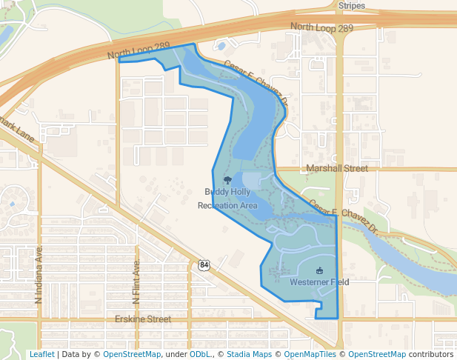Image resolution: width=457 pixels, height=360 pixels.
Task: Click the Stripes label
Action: [353, 5]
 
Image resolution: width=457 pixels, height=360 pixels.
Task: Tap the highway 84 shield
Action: [204, 264]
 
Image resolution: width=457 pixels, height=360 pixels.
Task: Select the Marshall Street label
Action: [336, 168]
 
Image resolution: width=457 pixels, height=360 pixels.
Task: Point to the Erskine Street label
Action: [143, 319]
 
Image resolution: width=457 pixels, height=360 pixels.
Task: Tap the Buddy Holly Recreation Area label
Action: [227, 199]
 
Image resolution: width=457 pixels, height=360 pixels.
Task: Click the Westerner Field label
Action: [319, 282]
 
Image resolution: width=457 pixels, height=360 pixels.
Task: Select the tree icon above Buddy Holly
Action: [227, 180]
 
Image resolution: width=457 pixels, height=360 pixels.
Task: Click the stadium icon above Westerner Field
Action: [319, 271]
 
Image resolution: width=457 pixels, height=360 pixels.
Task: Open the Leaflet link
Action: [41, 355]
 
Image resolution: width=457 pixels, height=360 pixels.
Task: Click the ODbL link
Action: [199, 355]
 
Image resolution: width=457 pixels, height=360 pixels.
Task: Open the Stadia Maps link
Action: [249, 355]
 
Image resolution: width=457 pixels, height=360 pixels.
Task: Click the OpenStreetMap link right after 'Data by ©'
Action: [132, 355]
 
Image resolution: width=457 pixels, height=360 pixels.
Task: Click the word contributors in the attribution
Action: [431, 355]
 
